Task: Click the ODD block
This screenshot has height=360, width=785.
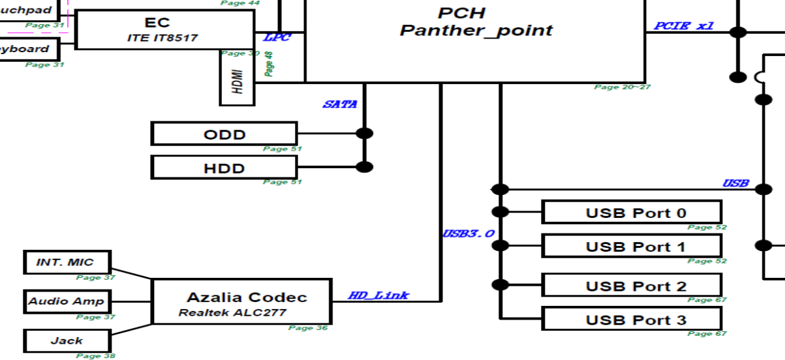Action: [x=224, y=134]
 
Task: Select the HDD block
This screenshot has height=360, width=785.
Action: [x=224, y=168]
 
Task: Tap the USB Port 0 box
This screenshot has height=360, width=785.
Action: [x=631, y=213]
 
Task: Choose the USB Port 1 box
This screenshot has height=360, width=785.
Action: [x=631, y=246]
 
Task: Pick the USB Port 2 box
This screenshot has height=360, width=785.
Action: [x=631, y=286]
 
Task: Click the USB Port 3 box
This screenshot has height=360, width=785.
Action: [x=631, y=319]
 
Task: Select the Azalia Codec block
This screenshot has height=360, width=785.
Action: [x=241, y=302]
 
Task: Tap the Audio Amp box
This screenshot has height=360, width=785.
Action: [x=66, y=302]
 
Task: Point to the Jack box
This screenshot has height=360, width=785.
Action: [x=66, y=340]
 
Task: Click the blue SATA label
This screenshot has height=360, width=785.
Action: [x=340, y=104]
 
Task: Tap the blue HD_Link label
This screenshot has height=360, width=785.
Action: [x=378, y=295]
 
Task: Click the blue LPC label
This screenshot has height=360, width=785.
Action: [x=277, y=38]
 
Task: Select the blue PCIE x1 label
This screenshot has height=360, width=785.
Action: [x=684, y=27]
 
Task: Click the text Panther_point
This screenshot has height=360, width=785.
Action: [x=476, y=30]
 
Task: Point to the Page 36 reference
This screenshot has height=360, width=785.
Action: [x=308, y=327]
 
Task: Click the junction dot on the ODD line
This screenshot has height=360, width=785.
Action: [x=364, y=133]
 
